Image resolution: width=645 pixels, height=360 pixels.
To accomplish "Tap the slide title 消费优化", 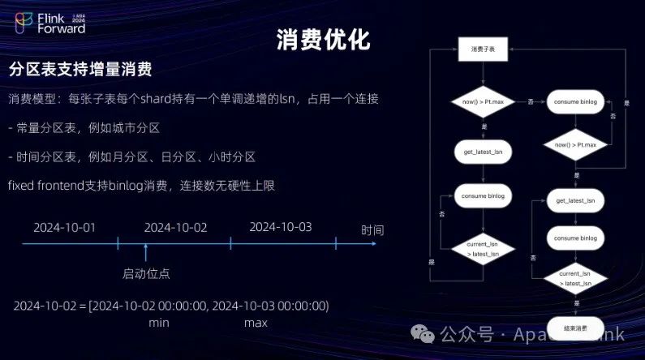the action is (323, 40).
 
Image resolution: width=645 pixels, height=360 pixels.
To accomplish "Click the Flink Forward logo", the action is (50, 22).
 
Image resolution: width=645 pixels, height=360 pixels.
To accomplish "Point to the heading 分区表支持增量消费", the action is (80, 70).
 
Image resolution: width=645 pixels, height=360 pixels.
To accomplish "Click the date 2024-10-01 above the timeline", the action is (64, 227).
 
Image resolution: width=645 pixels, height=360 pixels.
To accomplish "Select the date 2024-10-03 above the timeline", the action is (280, 227).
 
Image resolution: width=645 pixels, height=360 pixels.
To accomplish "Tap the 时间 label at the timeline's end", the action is (372, 230).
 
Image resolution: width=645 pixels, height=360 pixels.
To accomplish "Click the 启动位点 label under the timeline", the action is (146, 273).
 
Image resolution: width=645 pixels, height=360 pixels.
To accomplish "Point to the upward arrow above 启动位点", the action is (146, 251).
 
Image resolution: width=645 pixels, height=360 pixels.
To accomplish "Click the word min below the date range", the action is (158, 322).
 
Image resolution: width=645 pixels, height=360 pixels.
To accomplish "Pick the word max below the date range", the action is (256, 322).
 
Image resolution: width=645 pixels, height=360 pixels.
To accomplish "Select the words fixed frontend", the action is (49, 186).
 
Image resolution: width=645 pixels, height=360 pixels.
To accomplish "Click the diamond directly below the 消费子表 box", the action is (483, 102).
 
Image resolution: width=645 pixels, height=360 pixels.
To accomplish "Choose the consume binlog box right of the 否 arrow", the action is (575, 102).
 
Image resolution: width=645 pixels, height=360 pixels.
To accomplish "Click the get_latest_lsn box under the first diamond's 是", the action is (483, 152).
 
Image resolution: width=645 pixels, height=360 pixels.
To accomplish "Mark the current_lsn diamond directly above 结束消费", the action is (575, 278).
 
